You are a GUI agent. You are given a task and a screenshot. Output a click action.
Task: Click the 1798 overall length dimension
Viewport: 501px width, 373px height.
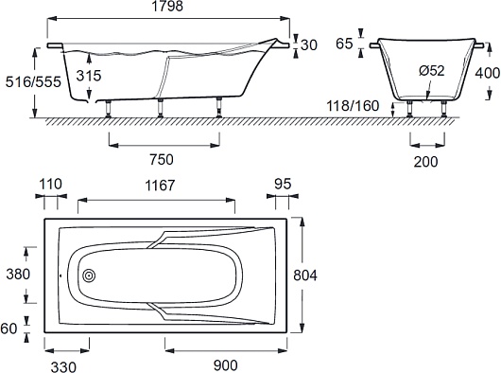coord(168,6)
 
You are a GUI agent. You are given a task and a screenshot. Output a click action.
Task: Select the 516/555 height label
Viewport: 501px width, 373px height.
coord(33,82)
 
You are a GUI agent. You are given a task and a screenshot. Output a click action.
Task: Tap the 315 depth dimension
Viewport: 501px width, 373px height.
coord(89,76)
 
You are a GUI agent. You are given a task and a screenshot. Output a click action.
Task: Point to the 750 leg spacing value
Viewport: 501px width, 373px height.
coord(162,159)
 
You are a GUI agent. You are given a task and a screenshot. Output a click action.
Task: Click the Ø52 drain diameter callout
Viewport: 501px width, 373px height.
coord(432,71)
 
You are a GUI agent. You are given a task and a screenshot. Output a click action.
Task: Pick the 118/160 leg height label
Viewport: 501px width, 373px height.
coord(353,106)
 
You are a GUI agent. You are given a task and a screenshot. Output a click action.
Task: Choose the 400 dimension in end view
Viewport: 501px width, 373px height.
coord(488,73)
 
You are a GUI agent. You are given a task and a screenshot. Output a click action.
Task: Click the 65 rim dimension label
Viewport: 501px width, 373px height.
coord(344,44)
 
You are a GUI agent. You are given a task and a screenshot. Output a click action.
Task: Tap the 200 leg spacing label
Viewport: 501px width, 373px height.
coord(426,162)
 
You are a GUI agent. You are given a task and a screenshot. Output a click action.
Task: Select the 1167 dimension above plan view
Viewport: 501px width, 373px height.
coord(160,186)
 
